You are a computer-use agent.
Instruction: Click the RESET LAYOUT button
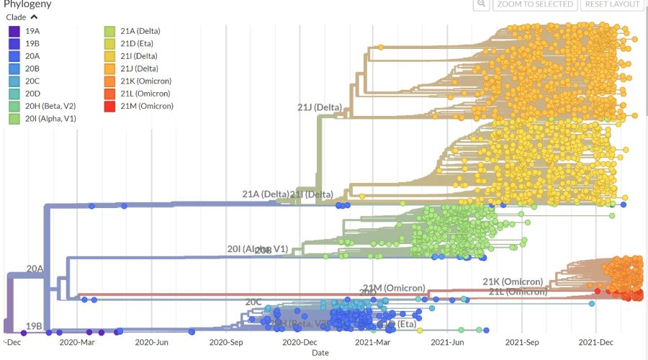(612, 4)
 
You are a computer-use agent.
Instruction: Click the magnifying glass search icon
(481, 4)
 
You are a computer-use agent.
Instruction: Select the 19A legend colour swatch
(14, 31)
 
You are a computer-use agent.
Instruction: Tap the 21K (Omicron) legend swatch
(109, 81)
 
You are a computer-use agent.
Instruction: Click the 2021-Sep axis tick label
(522, 343)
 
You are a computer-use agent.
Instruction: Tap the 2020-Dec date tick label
(300, 343)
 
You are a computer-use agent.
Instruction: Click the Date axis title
(320, 353)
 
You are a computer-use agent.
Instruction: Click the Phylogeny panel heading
(27, 4)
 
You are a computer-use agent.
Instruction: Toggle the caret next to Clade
(34, 17)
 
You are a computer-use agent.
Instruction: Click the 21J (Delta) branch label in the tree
(320, 108)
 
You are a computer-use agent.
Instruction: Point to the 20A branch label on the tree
(35, 269)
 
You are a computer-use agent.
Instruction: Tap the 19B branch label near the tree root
(33, 326)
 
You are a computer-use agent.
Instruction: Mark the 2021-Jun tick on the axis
(448, 343)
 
